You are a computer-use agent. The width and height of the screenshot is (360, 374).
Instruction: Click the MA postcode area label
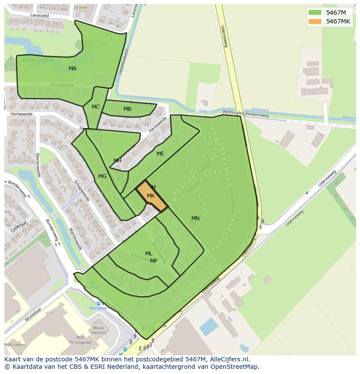point(73,69)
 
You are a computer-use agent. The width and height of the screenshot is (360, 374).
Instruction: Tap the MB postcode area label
point(127,109)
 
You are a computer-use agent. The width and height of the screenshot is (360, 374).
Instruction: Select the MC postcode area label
point(96,107)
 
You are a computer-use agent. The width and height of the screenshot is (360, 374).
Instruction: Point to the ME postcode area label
point(160,154)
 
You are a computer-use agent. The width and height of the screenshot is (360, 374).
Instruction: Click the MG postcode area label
point(102,176)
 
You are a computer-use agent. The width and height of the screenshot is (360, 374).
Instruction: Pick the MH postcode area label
point(117,161)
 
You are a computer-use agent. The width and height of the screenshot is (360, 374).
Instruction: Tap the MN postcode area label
point(195,218)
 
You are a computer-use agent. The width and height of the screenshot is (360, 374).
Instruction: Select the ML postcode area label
point(149,254)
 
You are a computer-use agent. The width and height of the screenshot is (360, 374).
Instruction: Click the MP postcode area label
point(153,261)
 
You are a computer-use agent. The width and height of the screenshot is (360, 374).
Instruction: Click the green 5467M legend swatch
point(315,13)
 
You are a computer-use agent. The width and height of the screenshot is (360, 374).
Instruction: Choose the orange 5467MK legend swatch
point(315,22)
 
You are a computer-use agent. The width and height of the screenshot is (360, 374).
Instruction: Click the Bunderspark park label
point(38,60)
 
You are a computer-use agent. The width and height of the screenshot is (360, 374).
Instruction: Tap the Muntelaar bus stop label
point(98,308)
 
